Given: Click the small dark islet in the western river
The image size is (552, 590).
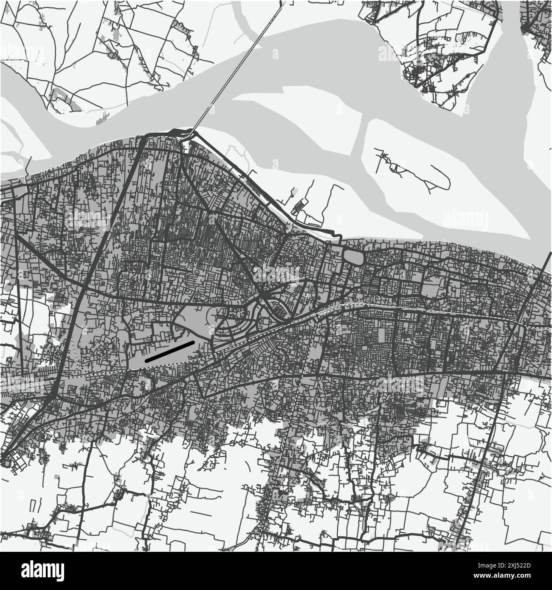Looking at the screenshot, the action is pos(104,116).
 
